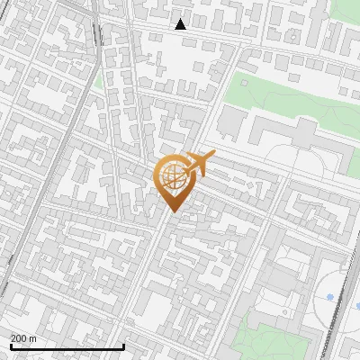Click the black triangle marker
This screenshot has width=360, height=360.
click(181, 24)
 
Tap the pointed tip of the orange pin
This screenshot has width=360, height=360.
click(173, 211)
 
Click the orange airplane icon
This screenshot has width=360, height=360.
click(199, 165)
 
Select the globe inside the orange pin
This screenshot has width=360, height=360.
click(173, 178)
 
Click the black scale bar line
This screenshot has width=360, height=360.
click(67, 346)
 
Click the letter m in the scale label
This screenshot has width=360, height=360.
click(33, 338)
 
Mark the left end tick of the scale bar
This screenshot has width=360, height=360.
click(10, 345)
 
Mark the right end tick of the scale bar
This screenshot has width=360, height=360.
click(123, 345)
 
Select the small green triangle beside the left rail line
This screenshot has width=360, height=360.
click(98, 79)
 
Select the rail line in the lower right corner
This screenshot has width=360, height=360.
click(335, 324)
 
